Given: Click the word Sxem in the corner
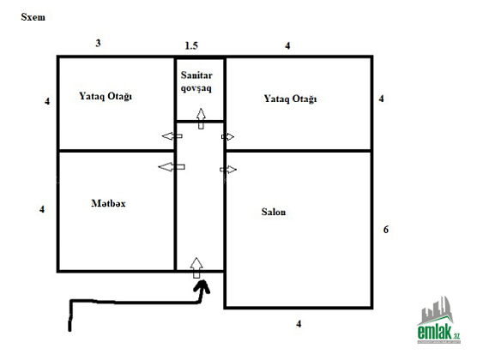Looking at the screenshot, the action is pyautogui.click(x=33, y=17).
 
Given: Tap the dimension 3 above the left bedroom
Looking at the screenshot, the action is pyautogui.click(x=98, y=43).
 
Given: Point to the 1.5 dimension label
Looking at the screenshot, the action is pyautogui.click(x=191, y=46).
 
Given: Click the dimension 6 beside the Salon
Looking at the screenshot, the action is pyautogui.click(x=386, y=229).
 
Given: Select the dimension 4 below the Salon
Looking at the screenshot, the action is pyautogui.click(x=299, y=324).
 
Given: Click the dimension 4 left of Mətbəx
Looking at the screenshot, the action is pyautogui.click(x=42, y=209).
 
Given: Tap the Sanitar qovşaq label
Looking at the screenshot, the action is pyautogui.click(x=196, y=81).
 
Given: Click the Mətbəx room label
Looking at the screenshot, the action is pyautogui.click(x=108, y=203).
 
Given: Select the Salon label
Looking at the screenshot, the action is pyautogui.click(x=274, y=212).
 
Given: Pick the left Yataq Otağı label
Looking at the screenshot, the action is pyautogui.click(x=106, y=96).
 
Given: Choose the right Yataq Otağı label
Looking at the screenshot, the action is pyautogui.click(x=290, y=99).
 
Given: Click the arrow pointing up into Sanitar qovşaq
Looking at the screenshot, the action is pyautogui.click(x=201, y=118).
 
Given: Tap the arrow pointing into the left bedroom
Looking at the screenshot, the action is pyautogui.click(x=172, y=136).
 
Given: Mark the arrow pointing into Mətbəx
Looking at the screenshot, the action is pyautogui.click(x=172, y=166).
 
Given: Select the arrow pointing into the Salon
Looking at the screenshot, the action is pyautogui.click(x=228, y=170).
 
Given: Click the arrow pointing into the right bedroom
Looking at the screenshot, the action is pyautogui.click(x=227, y=137).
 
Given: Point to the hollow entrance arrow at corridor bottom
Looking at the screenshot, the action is pyautogui.click(x=196, y=267).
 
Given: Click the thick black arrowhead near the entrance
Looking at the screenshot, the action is pyautogui.click(x=202, y=287).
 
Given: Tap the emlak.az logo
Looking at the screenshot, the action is pyautogui.click(x=438, y=320).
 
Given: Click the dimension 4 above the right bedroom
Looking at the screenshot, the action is pyautogui.click(x=287, y=46).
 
